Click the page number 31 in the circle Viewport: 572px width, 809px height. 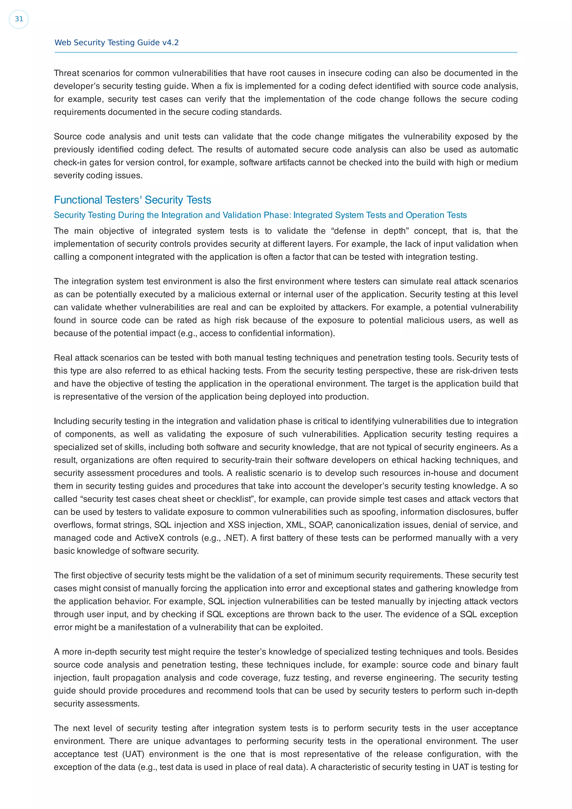click(x=19, y=19)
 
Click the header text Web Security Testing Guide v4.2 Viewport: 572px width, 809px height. click(x=116, y=43)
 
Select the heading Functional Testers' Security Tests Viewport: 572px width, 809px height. click(x=132, y=200)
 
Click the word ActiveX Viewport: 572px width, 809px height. click(x=149, y=538)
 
